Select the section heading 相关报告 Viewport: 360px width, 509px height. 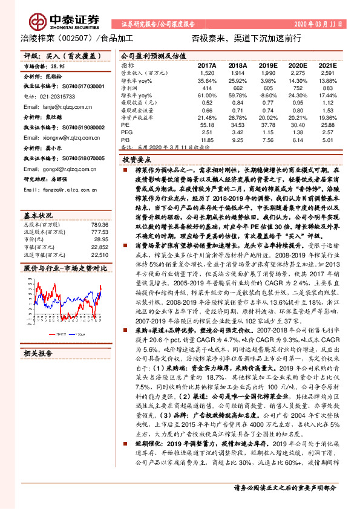tap(39, 352)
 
